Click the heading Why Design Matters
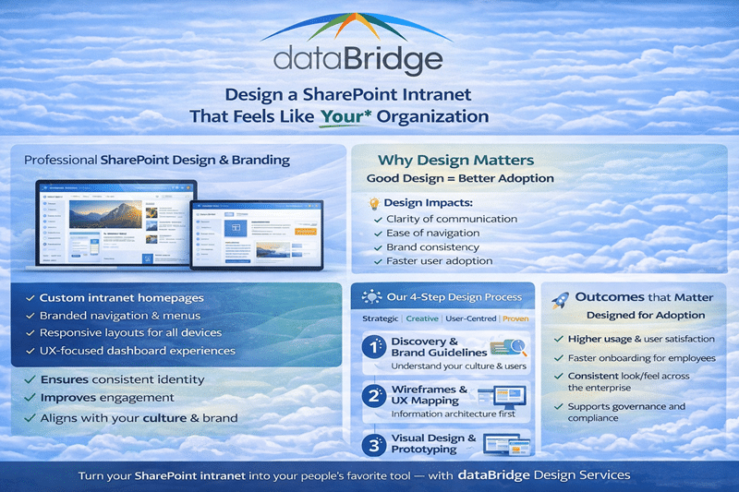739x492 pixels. click(455, 161)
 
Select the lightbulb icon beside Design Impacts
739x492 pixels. click(374, 202)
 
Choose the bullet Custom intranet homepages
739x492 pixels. click(121, 298)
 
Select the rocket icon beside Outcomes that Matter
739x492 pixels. click(560, 300)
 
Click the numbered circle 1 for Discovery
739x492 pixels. click(374, 348)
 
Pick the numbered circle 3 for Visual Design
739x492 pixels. click(374, 443)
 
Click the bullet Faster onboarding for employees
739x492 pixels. click(636, 358)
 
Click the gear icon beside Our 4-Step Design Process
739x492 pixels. click(373, 297)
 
